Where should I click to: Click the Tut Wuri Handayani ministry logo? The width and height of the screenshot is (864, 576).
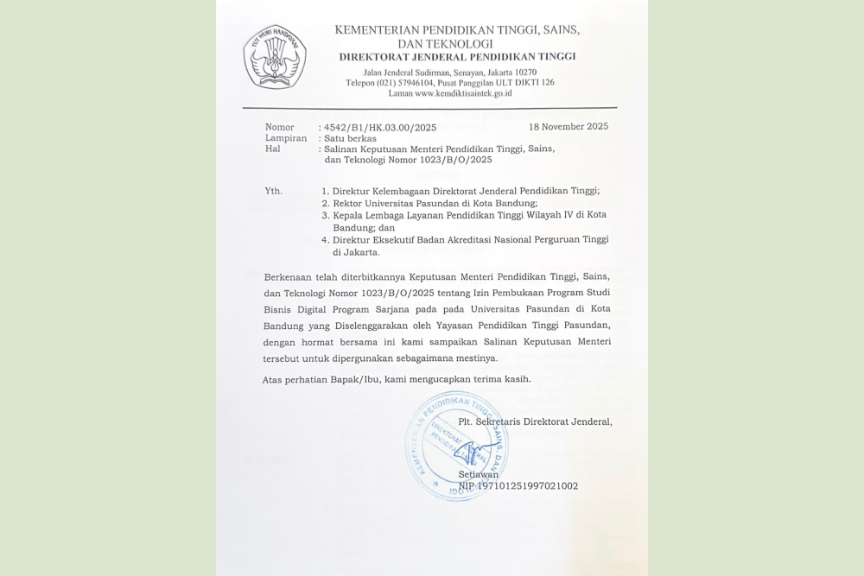pos(274,57)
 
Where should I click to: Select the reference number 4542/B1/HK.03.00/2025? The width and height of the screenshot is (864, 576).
pos(380,128)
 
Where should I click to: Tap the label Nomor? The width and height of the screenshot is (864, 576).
pos(279,128)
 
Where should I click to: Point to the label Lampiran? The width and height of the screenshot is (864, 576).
pos(285,138)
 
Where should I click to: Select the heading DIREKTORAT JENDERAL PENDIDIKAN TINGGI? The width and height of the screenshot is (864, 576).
pos(457,57)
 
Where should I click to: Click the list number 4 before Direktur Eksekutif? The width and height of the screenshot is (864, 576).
pos(325,239)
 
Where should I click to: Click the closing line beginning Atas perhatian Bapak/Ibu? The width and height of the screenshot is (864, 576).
pos(397,379)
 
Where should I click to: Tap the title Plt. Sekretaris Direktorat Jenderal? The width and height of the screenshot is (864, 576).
pos(535,421)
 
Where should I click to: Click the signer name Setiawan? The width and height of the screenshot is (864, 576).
pos(478,474)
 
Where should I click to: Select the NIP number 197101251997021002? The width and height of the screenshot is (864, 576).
pos(518,486)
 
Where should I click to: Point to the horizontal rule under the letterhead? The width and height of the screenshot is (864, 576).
pos(429,108)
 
